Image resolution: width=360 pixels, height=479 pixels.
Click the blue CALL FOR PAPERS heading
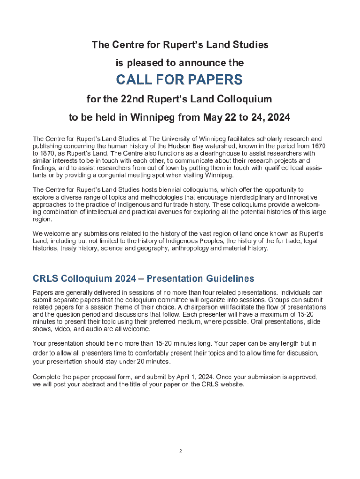coord(180,80)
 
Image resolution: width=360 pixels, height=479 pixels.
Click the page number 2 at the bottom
coord(180,451)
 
